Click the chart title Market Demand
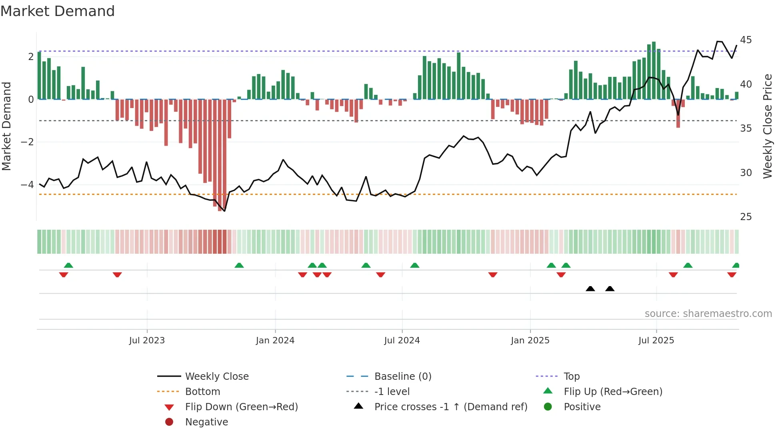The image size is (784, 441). (58, 11)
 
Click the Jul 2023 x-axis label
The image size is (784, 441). (147, 340)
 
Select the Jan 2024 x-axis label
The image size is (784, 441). (275, 340)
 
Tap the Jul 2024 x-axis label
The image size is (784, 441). (402, 340)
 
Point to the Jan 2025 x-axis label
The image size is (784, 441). (530, 340)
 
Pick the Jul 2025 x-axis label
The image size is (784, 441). (656, 340)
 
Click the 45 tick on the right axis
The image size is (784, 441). (746, 40)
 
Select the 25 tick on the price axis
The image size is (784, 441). (746, 217)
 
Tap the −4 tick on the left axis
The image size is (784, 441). (27, 185)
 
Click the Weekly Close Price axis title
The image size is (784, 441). (767, 126)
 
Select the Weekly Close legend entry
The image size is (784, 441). (216, 376)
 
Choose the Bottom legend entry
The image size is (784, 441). (202, 391)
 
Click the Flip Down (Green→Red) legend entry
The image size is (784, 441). (241, 407)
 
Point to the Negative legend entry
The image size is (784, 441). (206, 422)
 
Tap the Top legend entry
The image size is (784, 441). (572, 376)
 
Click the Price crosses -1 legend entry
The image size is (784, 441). (450, 407)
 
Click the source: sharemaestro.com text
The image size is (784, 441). (708, 313)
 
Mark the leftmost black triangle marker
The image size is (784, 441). (590, 289)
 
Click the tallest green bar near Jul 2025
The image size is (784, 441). (654, 70)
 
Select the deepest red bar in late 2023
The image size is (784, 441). (220, 156)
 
